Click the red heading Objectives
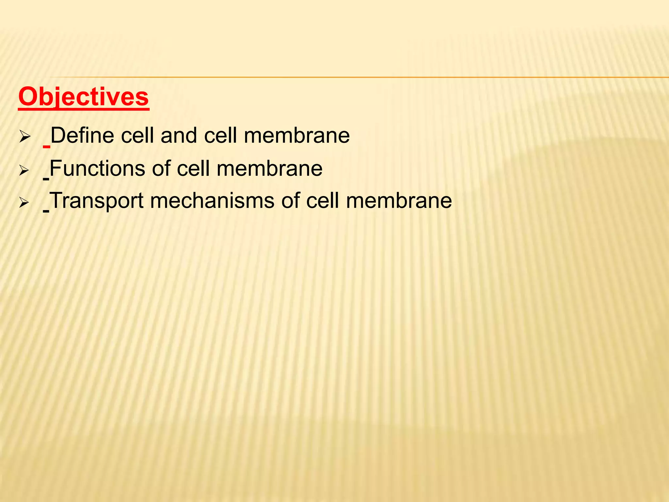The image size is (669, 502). point(84,97)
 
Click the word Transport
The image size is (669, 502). point(97,200)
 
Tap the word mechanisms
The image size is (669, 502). point(212,200)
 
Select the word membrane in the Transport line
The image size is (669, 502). point(399,200)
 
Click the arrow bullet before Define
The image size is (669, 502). point(24,137)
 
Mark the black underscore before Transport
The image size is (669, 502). point(46,211)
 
